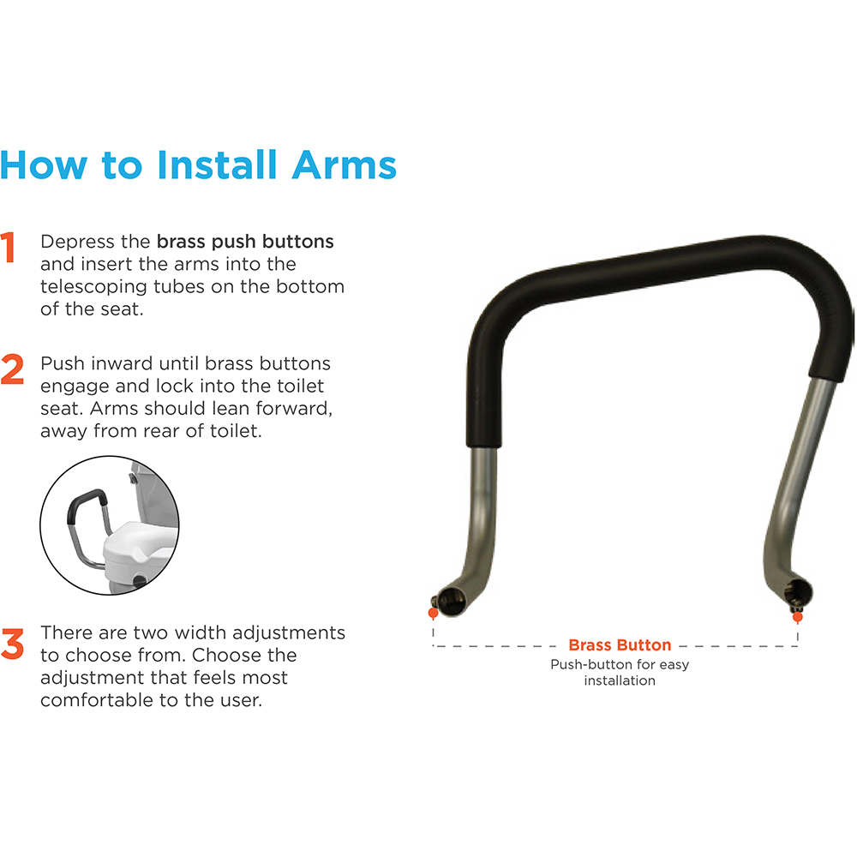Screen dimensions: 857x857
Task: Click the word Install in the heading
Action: tap(217, 165)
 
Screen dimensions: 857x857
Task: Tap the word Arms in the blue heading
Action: tap(345, 165)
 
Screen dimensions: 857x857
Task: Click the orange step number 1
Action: tap(8, 247)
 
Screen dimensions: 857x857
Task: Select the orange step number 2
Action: tap(12, 369)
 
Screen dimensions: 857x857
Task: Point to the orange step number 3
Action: tap(12, 644)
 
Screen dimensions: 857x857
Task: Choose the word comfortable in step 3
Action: tap(102, 699)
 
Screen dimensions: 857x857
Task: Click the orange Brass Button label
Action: tap(620, 645)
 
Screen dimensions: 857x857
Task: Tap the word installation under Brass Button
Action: tap(620, 680)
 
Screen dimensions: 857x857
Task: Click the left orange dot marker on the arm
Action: tap(434, 614)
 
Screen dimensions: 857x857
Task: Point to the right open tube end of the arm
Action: tap(799, 594)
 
